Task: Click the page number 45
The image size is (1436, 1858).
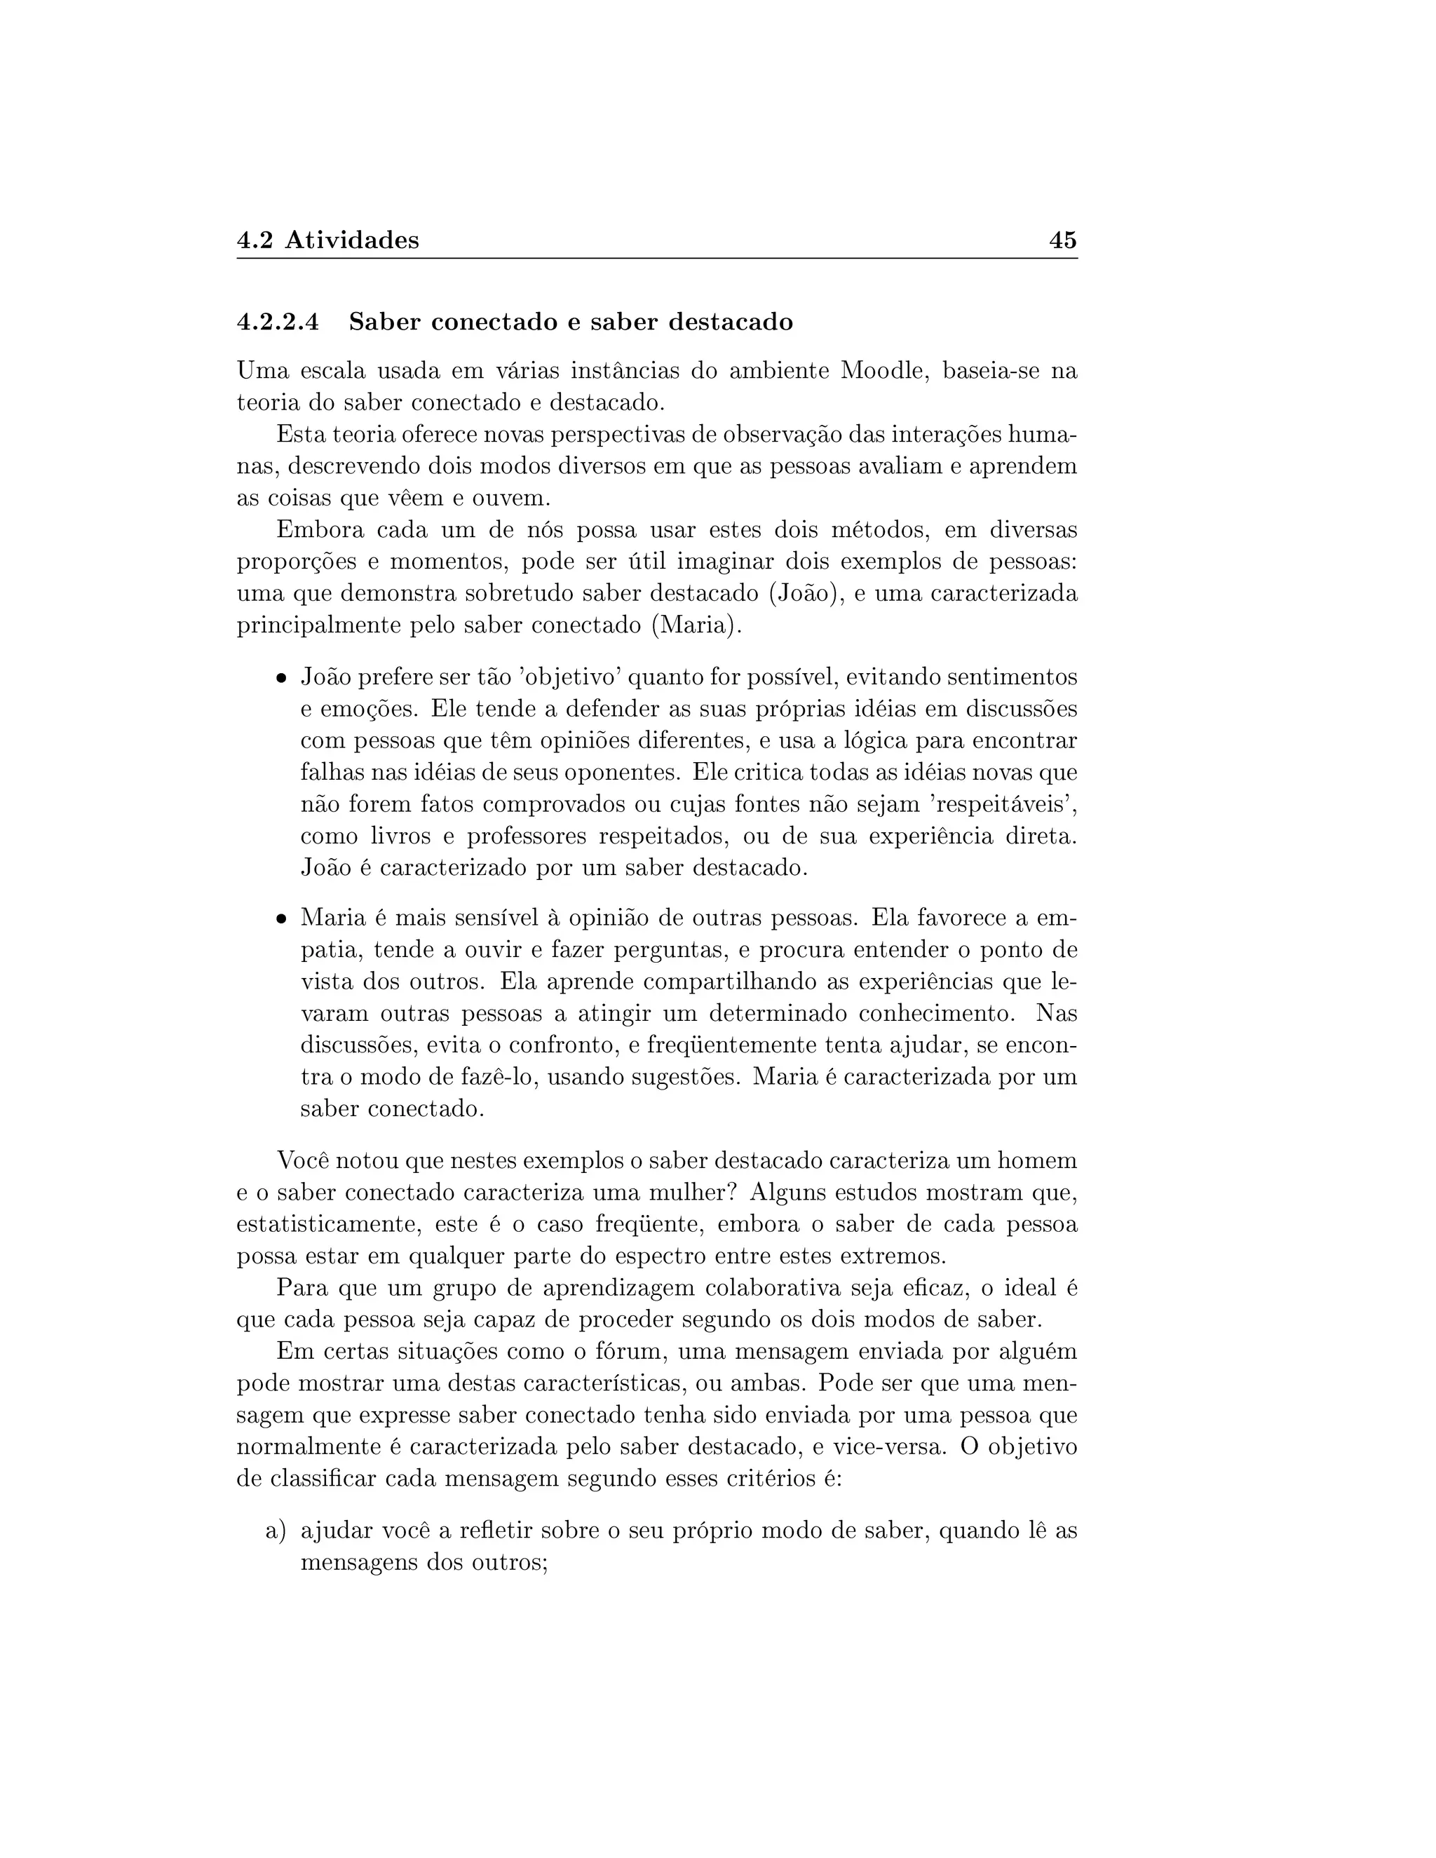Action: pos(1062,240)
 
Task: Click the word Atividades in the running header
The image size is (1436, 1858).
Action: pos(351,240)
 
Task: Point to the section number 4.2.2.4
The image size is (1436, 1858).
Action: pos(278,323)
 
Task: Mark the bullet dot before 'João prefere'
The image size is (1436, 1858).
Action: pos(280,679)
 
